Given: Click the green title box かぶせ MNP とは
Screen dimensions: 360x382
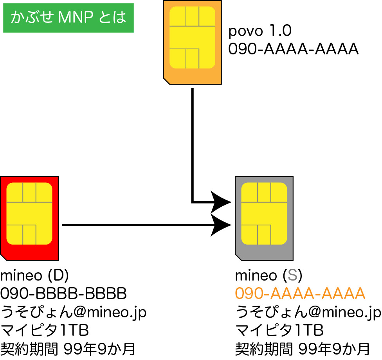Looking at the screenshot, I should tap(68, 18).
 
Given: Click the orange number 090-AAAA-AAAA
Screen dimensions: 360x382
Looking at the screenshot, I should tap(300, 293).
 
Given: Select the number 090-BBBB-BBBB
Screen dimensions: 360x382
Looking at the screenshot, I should tap(64, 293).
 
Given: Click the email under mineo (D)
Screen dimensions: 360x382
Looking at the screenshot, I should tap(74, 312).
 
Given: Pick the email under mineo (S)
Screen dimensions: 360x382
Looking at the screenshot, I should tap(308, 312).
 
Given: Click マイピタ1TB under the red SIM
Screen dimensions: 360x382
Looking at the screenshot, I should tap(45, 330).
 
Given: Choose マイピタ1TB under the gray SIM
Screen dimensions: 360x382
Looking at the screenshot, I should tap(279, 330).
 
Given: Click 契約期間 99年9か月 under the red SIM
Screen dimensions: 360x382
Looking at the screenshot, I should tap(67, 348).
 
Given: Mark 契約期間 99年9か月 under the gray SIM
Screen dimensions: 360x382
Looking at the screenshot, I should tap(302, 348).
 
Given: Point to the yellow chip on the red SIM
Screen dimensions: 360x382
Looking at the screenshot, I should tap(29, 214).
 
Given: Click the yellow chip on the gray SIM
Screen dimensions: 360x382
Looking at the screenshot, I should tap(264, 214).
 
